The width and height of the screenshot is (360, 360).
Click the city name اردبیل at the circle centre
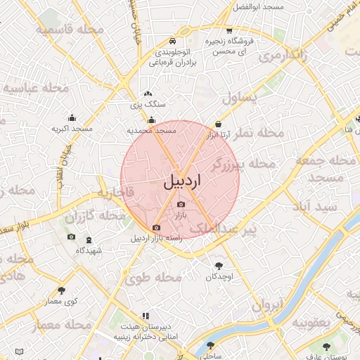coord(181,181)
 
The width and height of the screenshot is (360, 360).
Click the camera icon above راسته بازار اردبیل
coord(156,227)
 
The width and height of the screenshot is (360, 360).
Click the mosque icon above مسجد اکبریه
coord(72,118)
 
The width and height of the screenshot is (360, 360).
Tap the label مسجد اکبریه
coord(72,129)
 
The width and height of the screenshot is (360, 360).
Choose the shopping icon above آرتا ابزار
coord(218,125)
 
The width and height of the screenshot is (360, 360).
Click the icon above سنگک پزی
coord(148,94)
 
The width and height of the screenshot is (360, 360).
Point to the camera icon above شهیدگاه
coord(71,237)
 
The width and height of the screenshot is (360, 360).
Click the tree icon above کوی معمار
coord(62,290)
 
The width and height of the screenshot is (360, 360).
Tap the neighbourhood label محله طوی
coord(153,278)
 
